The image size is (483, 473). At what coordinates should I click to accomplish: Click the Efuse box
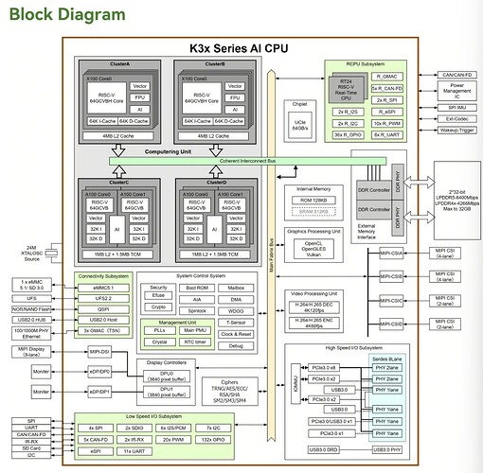159,296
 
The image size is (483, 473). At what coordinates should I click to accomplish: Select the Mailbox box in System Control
237,286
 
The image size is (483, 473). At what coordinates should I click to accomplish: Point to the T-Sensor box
237,323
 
